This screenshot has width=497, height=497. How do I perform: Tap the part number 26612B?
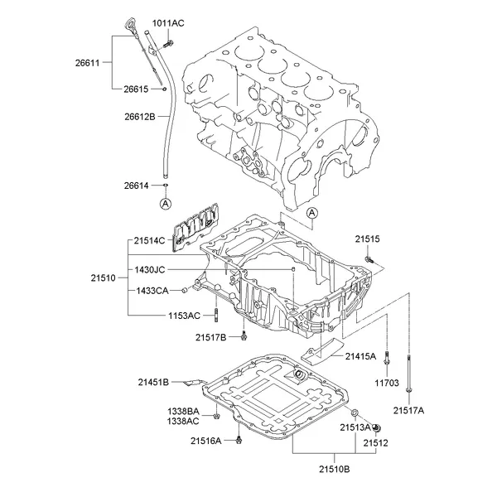pyautogui.click(x=138, y=116)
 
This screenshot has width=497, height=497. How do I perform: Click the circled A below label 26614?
pyautogui.click(x=165, y=204)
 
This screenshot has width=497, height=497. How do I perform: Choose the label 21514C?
pyautogui.click(x=150, y=241)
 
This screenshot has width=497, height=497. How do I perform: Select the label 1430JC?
pyautogui.click(x=150, y=269)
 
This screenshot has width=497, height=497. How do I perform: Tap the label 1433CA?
pyautogui.click(x=152, y=291)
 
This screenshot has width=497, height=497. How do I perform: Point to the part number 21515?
pyautogui.click(x=368, y=239)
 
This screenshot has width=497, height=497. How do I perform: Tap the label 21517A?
pyautogui.click(x=408, y=410)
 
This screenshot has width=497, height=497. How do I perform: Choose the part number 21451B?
pyautogui.click(x=153, y=381)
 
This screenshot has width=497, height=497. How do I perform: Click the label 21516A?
pyautogui.click(x=205, y=441)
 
